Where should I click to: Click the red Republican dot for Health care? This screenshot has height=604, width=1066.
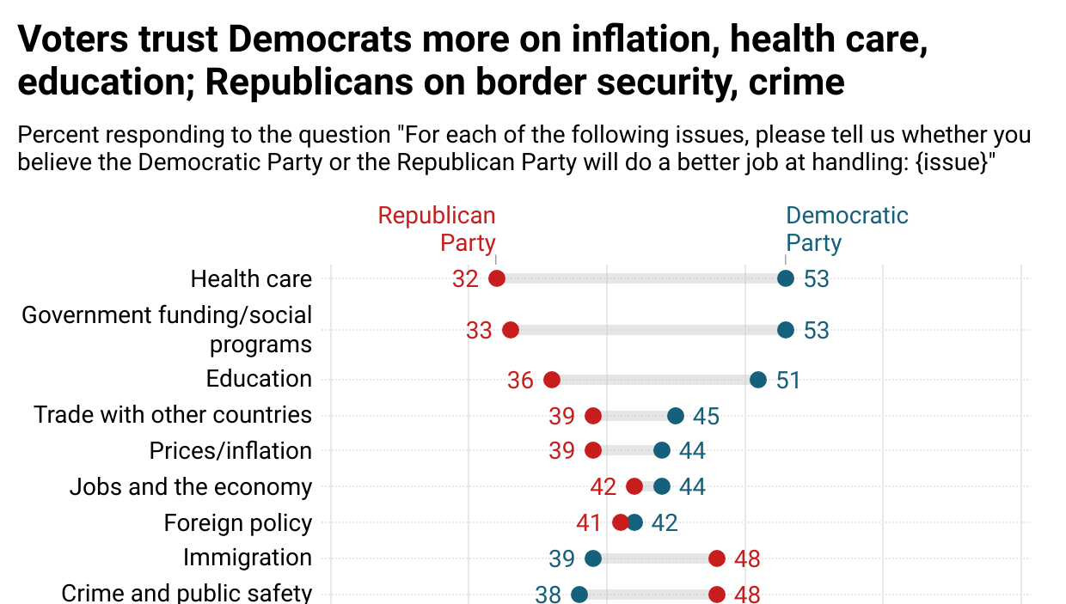(496, 278)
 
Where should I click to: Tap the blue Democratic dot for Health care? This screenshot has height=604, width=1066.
(785, 278)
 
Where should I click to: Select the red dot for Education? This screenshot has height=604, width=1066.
(552, 380)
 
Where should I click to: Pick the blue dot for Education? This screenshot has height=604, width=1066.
(757, 380)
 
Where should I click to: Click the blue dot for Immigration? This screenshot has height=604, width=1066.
(593, 558)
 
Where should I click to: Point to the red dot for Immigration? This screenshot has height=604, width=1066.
(717, 558)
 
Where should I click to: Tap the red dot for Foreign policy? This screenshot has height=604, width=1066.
(621, 522)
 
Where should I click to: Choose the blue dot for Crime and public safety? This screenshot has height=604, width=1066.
(579, 594)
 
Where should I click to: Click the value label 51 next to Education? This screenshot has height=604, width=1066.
(788, 381)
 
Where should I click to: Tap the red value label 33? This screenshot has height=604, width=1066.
(480, 331)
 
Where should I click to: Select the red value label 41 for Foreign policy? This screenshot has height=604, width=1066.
(590, 523)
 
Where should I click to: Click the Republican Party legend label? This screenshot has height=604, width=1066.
(438, 229)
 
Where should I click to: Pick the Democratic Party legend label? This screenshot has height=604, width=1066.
(846, 229)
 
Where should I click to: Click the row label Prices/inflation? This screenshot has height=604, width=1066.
(230, 451)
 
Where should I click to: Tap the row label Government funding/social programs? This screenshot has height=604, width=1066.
(168, 329)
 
